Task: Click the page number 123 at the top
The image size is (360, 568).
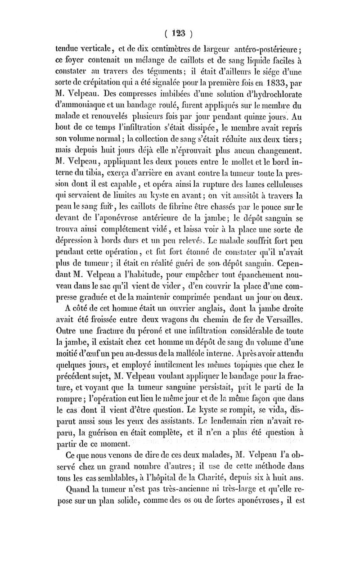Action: (180, 33)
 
